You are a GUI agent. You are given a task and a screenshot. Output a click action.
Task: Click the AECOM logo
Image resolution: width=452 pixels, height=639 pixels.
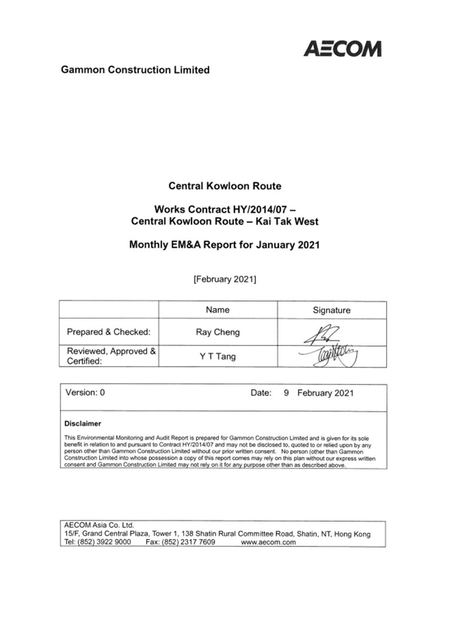tap(342, 48)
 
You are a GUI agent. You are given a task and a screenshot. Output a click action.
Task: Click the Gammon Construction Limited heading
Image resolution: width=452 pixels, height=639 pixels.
tap(135, 70)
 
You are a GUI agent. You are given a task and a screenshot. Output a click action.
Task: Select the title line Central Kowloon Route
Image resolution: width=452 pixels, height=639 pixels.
tap(225, 186)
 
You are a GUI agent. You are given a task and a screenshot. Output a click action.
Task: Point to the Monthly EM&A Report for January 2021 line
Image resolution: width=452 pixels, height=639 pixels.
tap(224, 245)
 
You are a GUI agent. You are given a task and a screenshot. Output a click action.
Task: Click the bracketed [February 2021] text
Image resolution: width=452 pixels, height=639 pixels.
tap(225, 279)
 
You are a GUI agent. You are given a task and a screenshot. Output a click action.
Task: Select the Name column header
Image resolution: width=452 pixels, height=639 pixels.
tap(218, 310)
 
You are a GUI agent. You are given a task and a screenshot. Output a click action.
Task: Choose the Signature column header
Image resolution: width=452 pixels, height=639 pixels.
tap(332, 310)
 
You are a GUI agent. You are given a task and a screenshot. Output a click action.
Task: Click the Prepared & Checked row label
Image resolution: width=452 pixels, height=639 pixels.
tap(109, 332)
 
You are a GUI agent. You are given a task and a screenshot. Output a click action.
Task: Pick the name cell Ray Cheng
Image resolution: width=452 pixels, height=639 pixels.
tap(218, 332)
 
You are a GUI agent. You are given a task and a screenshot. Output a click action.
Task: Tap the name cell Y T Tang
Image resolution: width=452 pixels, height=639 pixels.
tap(218, 356)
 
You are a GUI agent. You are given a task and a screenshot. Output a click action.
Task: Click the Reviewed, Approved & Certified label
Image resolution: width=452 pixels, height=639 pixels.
tap(111, 356)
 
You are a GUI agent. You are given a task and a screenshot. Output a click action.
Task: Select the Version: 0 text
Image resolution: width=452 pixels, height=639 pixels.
tap(85, 392)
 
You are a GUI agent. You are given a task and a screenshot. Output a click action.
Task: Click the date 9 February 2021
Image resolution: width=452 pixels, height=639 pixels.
tap(318, 393)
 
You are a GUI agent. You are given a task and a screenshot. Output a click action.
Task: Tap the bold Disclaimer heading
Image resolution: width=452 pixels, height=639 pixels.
tap(83, 423)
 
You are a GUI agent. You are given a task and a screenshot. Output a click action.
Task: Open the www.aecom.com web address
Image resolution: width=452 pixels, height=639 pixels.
tap(268, 542)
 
